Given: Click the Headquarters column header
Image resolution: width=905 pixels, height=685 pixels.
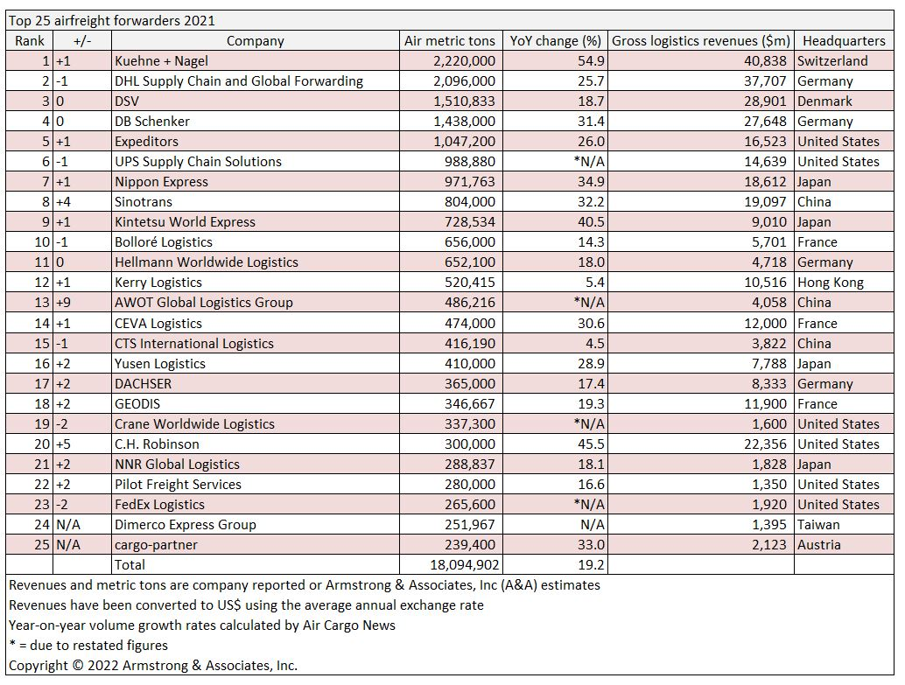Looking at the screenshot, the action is (x=843, y=41).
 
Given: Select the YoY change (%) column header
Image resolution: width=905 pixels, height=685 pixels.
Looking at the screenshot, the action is (x=555, y=41).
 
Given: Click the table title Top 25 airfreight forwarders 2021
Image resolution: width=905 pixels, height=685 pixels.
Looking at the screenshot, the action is (x=111, y=21).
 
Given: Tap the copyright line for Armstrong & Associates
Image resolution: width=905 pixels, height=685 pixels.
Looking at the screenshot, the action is (x=153, y=666).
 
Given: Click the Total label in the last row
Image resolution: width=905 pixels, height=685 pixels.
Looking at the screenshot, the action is (x=130, y=565).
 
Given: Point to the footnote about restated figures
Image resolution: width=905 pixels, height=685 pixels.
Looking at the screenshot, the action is (x=88, y=645).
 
